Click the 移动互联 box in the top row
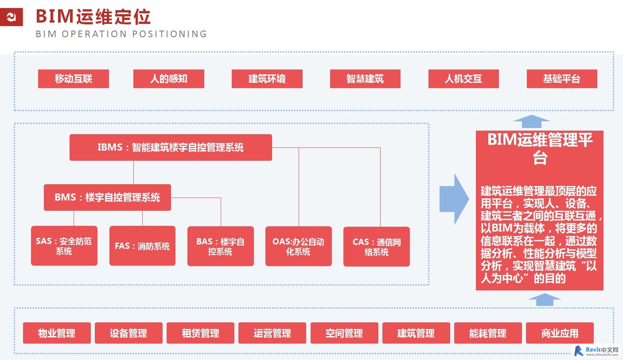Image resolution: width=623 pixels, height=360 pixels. (x=74, y=79)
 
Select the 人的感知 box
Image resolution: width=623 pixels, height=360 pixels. (x=169, y=79)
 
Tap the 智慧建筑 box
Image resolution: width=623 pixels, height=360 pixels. (x=365, y=79)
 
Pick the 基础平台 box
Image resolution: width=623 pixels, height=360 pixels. (x=562, y=79)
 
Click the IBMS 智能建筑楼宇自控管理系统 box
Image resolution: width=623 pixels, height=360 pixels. (x=171, y=147)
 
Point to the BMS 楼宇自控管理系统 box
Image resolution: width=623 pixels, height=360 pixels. (x=107, y=197)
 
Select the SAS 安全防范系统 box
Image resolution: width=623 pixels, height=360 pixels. (x=64, y=246)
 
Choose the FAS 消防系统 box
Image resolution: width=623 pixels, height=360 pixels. (x=142, y=246)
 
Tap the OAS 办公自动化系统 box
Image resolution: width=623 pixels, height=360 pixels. (x=298, y=246)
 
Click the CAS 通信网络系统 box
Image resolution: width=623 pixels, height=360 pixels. (x=377, y=247)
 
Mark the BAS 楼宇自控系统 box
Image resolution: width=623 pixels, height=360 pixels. (x=221, y=246)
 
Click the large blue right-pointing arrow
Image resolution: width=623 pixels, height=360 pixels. (x=454, y=199)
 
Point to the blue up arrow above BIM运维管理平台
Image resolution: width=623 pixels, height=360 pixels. (x=531, y=121)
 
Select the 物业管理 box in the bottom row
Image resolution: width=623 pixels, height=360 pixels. (x=57, y=333)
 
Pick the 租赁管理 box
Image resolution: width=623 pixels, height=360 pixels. (x=201, y=333)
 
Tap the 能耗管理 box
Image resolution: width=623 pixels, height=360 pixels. (x=488, y=333)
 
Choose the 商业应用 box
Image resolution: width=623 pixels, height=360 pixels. (x=560, y=333)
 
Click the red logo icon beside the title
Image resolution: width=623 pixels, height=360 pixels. (x=12, y=17)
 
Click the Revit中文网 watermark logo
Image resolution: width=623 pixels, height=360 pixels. (x=597, y=351)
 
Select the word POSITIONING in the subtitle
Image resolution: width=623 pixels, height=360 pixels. (x=170, y=34)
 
